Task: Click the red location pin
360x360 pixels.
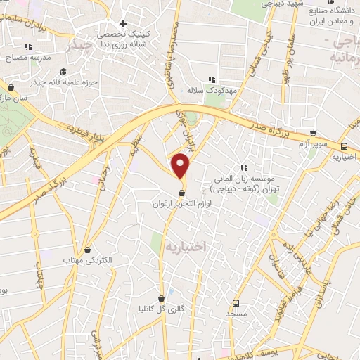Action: [x=181, y=166]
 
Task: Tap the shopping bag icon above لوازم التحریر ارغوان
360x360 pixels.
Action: [x=182, y=193]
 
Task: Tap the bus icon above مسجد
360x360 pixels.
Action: [x=235, y=304]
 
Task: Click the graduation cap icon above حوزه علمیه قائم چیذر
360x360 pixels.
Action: [x=63, y=71]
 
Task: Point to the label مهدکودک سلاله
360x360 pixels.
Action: [x=204, y=91]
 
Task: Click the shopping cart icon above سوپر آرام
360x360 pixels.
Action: [x=312, y=134]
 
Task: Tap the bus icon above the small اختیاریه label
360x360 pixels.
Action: [x=343, y=146]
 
